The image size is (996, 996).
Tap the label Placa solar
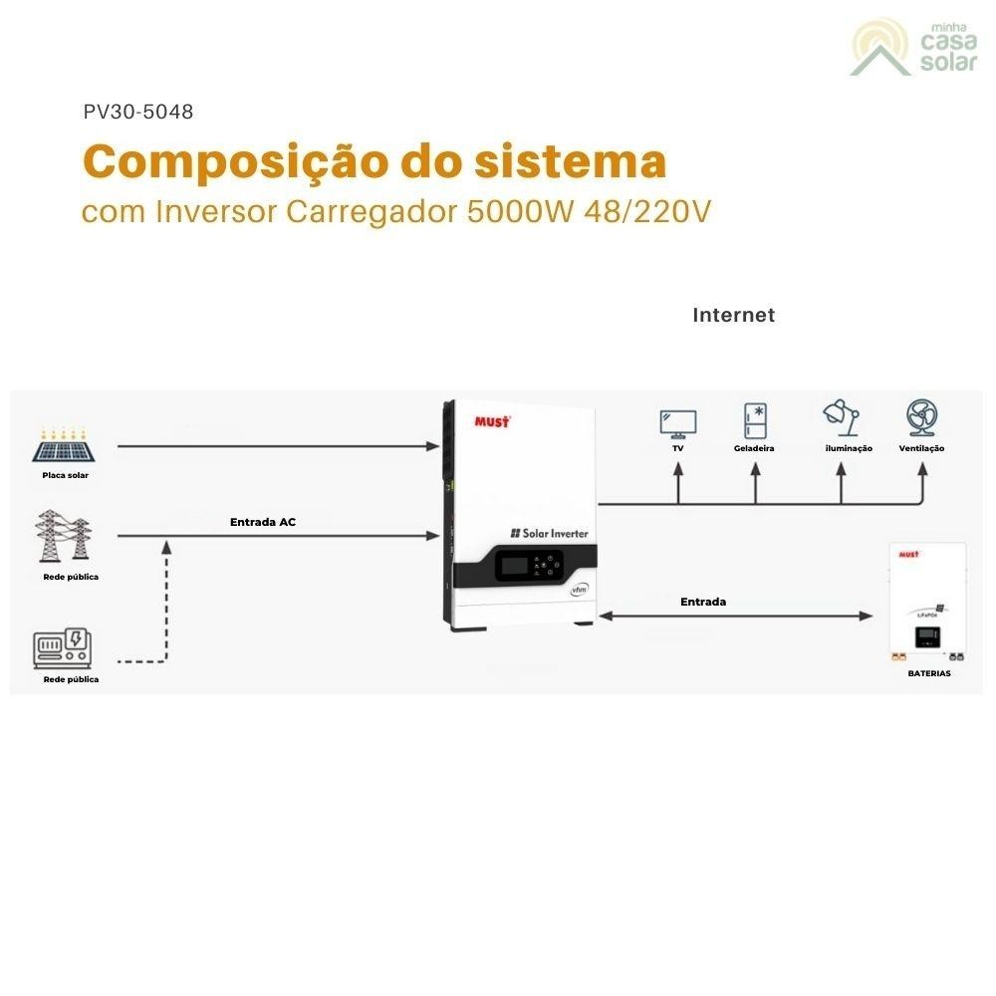pyautogui.click(x=66, y=475)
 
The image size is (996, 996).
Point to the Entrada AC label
pyautogui.click(x=263, y=522)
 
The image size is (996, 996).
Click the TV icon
pyautogui.click(x=678, y=422)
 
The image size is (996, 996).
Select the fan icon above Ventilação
pyautogui.click(x=922, y=417)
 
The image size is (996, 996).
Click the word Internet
pyautogui.click(x=733, y=315)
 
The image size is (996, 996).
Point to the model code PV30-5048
pyautogui.click(x=139, y=112)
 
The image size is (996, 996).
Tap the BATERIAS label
pyautogui.click(x=928, y=673)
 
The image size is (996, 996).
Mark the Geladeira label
pyautogui.click(x=754, y=449)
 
